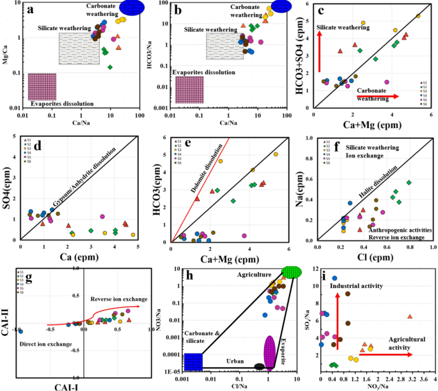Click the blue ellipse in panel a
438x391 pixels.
click(132, 7)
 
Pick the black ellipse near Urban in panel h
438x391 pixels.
click(259, 367)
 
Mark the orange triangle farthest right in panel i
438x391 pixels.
click(410, 317)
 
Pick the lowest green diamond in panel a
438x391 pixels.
click(110, 67)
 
